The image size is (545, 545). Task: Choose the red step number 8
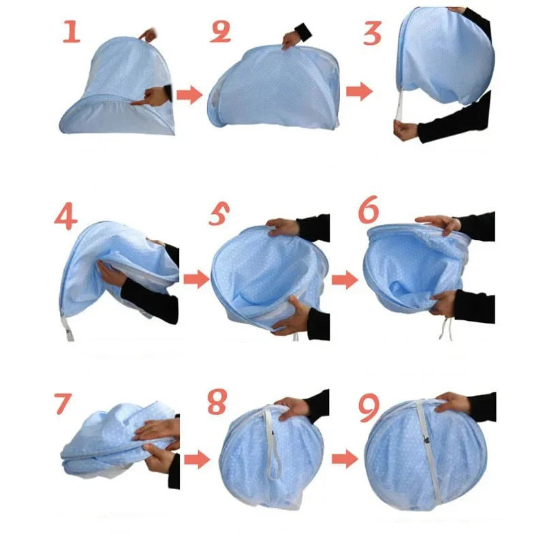coord(217,403)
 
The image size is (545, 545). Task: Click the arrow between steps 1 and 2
coord(190,95)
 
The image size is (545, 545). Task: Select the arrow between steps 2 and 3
coord(359,92)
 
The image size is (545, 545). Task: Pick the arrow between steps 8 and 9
coord(345,458)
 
